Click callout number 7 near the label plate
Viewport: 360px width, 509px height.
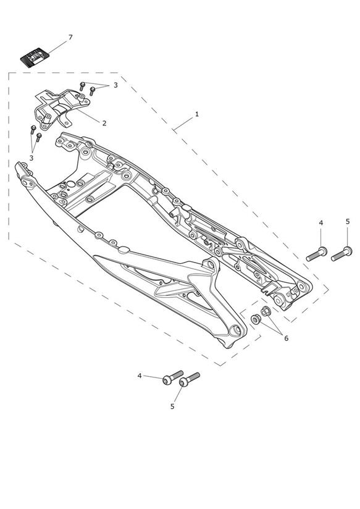pos(70,37)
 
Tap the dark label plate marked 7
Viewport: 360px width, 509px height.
pos(35,57)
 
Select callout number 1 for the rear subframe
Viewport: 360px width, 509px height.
pos(197,114)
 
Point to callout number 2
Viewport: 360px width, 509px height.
pos(104,124)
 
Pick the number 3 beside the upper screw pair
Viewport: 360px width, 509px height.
pos(115,85)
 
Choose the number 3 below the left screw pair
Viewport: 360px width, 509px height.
pos(31,158)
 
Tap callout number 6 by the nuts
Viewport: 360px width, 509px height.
pos(286,339)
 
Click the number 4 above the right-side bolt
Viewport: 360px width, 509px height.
pos(321,223)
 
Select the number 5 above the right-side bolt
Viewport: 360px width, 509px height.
pos(348,222)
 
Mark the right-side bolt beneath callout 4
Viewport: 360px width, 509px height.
pos(317,254)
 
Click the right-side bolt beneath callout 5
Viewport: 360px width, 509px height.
pos(341,254)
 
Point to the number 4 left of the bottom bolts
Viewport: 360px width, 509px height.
pos(140,376)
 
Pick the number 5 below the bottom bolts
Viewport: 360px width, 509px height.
pos(172,406)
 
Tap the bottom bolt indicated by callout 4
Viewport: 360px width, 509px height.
pos(173,377)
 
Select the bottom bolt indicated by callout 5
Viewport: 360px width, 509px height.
pos(189,379)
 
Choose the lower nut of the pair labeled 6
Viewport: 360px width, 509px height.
pos(256,319)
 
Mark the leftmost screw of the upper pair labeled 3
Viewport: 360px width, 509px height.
pos(82,86)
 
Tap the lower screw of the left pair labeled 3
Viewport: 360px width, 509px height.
pos(39,137)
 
